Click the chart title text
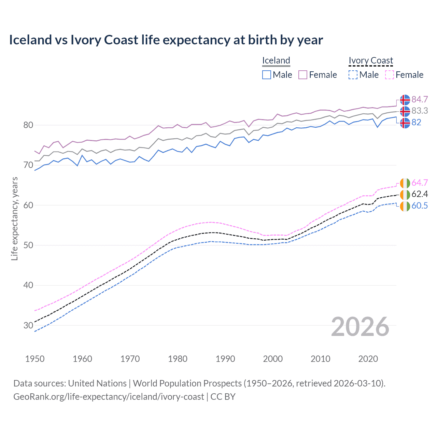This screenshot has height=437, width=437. (x=166, y=40)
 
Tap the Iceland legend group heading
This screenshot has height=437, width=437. (x=276, y=60)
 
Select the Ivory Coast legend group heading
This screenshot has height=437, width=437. (x=371, y=60)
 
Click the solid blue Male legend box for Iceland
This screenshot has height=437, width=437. (x=267, y=75)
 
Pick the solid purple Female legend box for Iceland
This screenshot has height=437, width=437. (x=303, y=75)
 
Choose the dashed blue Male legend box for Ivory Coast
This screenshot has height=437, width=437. (x=353, y=75)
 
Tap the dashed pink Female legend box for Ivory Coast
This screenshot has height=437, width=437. (x=390, y=75)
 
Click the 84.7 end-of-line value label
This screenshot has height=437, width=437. (x=420, y=99)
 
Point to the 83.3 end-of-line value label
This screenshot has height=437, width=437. (x=420, y=111)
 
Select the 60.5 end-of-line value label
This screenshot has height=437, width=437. (x=420, y=206)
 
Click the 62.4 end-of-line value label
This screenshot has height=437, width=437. (x=420, y=194)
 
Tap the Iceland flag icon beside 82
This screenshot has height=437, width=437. (x=405, y=123)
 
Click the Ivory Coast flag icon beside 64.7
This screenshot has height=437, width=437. (x=405, y=183)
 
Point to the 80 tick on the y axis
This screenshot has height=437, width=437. (x=28, y=125)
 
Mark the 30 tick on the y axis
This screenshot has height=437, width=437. (x=28, y=325)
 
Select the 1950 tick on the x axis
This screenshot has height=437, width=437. (x=35, y=359)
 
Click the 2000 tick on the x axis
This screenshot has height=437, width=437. (x=273, y=359)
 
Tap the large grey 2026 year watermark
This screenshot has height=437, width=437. (x=360, y=327)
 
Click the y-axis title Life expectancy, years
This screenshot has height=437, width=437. (x=14, y=218)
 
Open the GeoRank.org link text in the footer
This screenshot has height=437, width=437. (x=109, y=397)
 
